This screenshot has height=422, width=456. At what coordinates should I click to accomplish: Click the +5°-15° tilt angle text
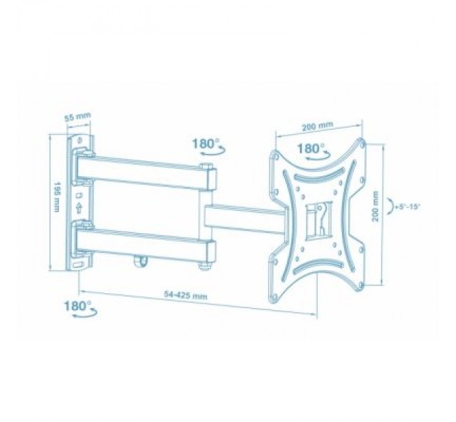tap(409, 208)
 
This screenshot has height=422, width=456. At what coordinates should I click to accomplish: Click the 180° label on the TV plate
tap(310, 148)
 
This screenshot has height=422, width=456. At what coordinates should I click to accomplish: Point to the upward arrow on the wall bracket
tap(80, 209)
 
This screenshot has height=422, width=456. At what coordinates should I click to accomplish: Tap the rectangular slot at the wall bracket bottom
tap(80, 265)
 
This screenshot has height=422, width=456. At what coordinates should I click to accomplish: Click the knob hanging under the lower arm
tap(142, 260)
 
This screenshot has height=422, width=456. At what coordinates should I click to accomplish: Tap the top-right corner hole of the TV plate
tap(362, 142)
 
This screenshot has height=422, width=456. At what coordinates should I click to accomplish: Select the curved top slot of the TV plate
tap(315, 175)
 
